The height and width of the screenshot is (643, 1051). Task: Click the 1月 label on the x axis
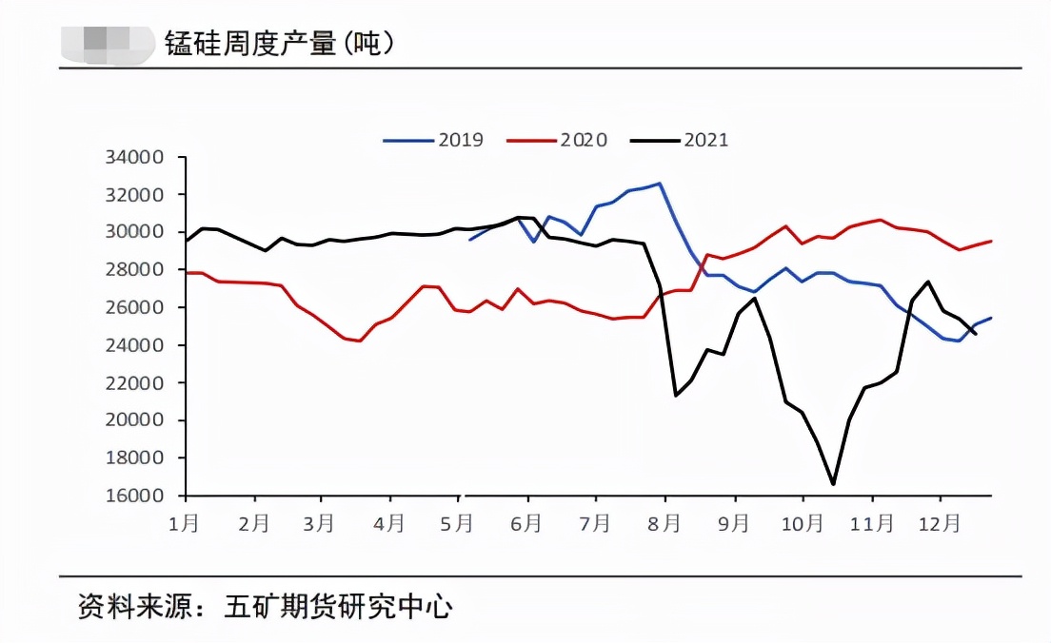(185, 523)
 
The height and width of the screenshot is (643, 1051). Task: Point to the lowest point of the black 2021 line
(833, 484)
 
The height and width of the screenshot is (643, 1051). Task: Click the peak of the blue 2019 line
(660, 184)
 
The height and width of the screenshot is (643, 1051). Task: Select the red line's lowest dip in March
(360, 341)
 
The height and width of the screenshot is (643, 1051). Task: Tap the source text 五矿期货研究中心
(338, 606)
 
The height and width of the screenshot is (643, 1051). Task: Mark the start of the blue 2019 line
(469, 240)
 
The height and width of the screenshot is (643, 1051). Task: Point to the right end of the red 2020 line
(991, 241)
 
